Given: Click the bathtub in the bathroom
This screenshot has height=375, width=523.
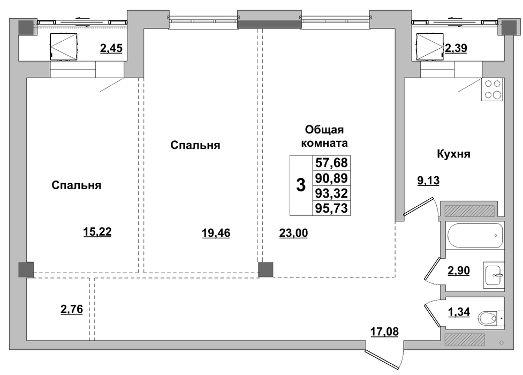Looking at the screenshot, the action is pos(475,235).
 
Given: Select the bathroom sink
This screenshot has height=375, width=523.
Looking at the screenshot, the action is pos(494,275).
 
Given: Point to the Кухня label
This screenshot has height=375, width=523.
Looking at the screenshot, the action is pos(453,154).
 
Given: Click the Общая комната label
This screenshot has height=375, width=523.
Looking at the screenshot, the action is pos(324,136).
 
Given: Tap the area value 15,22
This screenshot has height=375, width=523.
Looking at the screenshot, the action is pos(97,231).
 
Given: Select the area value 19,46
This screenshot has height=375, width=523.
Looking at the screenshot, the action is pos(216,232).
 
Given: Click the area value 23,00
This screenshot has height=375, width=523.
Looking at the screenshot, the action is pos(293,232).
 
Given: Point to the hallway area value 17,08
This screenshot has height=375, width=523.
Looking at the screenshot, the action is pos(384,332).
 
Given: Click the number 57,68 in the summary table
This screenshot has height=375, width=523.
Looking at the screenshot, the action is pos(331,163).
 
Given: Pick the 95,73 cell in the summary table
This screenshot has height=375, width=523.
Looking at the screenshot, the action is pos(331,208).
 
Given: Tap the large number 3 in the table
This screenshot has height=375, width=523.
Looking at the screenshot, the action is pos(301,185).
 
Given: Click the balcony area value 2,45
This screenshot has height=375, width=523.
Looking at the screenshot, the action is pos(111,48).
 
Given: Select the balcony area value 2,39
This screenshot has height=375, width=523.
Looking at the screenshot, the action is pos(456,48).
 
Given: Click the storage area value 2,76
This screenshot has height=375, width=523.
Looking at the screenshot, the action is pos(72,309).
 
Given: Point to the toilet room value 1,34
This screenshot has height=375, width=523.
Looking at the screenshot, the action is pos(459,312).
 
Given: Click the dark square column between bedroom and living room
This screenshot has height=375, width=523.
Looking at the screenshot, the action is pos(266,269).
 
